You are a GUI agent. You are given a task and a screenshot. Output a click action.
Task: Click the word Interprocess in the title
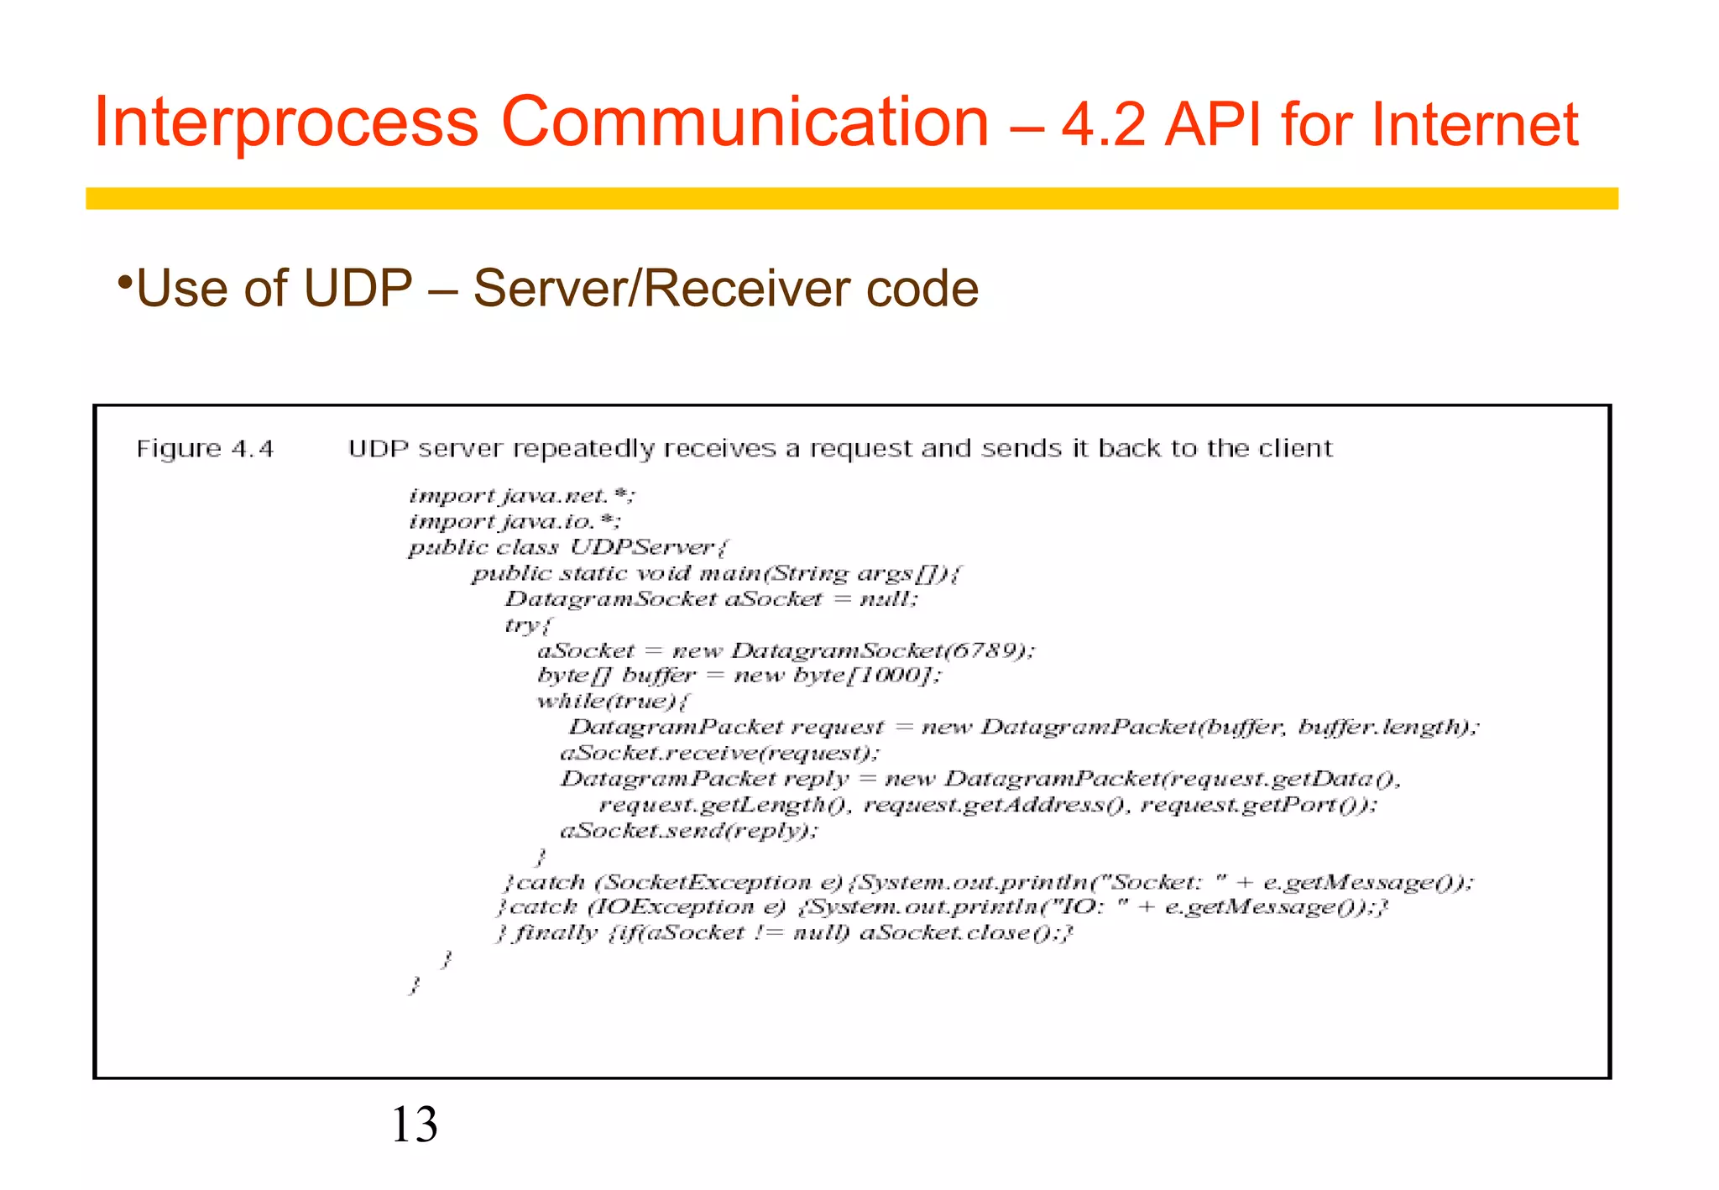[285, 123]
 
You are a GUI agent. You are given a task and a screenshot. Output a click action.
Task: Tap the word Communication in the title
[745, 123]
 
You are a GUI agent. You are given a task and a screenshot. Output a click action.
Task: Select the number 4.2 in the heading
[1103, 124]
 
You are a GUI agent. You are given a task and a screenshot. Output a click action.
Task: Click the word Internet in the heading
[1475, 124]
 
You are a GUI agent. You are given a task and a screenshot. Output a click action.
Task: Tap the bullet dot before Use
[124, 279]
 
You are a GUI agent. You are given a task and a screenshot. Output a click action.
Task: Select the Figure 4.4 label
[206, 449]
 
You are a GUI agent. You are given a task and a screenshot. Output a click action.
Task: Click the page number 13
[414, 1125]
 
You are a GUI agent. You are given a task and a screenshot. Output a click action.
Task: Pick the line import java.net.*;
[521, 496]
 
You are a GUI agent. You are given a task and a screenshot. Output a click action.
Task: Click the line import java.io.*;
[515, 522]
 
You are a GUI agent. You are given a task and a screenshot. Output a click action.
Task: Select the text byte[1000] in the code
[865, 676]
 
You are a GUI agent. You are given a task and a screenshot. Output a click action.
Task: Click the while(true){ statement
[613, 702]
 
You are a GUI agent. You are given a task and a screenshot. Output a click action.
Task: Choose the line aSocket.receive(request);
[719, 754]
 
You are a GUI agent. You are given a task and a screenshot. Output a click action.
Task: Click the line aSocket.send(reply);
[688, 831]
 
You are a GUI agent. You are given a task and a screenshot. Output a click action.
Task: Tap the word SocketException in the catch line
[708, 883]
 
